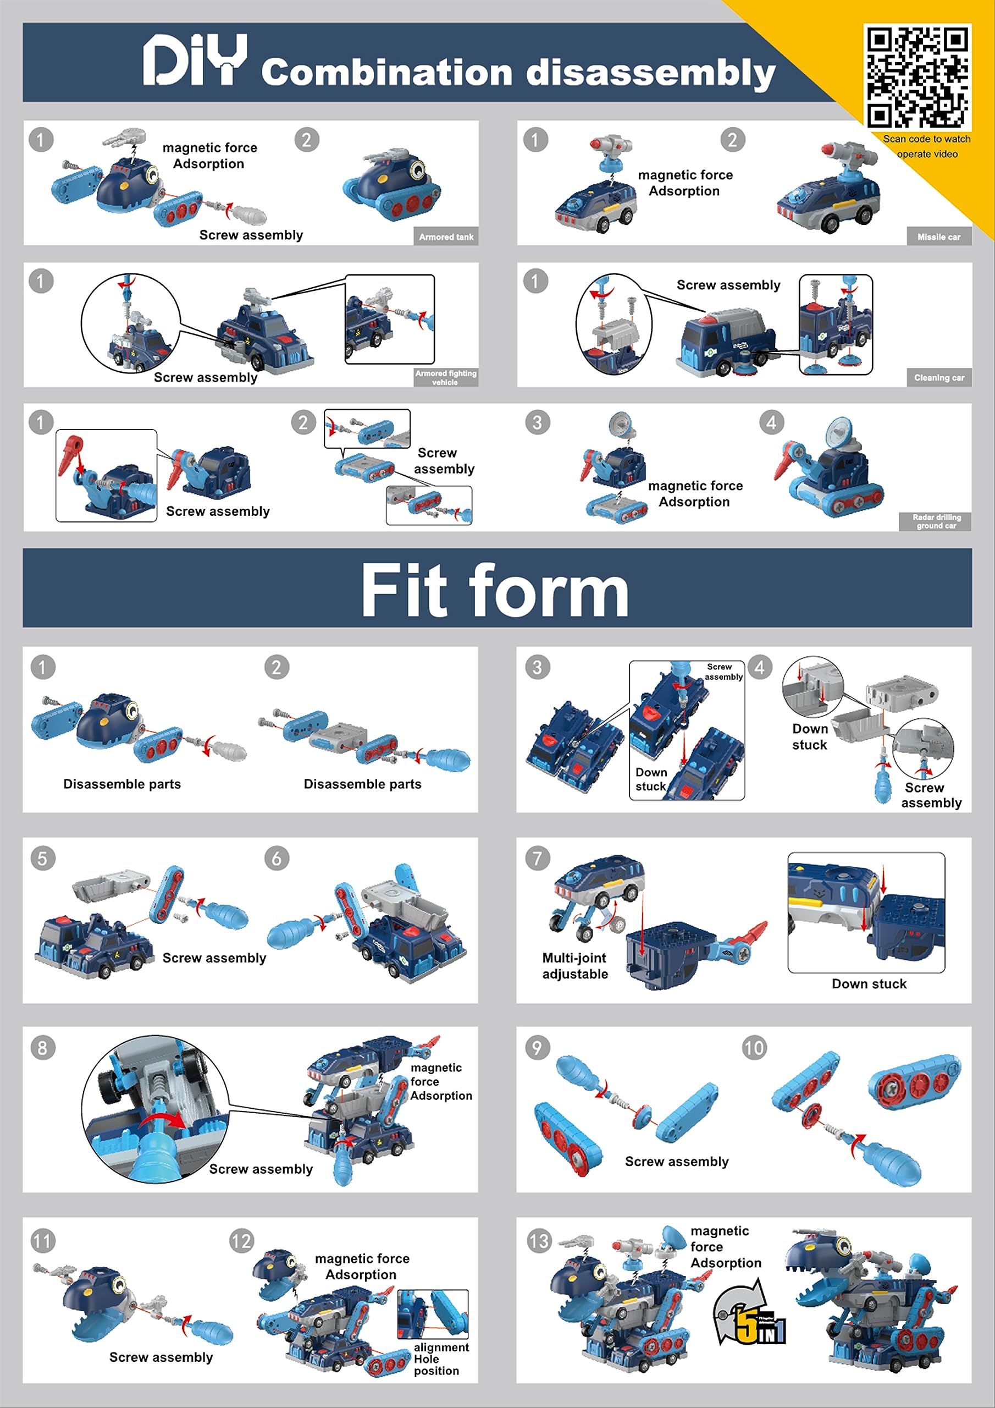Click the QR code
(x=917, y=76)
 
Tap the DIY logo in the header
(x=195, y=59)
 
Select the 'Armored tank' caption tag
(x=446, y=237)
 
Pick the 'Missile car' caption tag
(x=938, y=237)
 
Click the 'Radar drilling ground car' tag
(x=936, y=521)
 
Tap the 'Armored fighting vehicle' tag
(x=446, y=377)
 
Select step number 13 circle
(x=539, y=1241)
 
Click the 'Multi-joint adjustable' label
(x=575, y=966)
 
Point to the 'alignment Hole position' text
(x=441, y=1359)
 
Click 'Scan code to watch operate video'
(x=927, y=146)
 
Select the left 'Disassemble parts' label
(x=122, y=784)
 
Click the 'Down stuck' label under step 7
(x=869, y=983)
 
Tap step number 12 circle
(x=241, y=1241)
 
